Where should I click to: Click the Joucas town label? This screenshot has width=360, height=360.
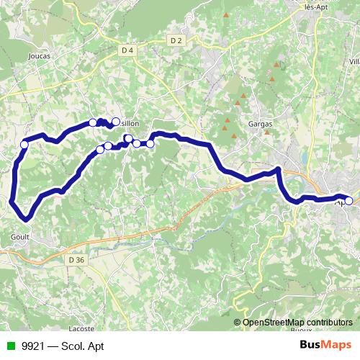coord(35,55)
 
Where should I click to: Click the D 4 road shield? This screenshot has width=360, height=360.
coord(128,50)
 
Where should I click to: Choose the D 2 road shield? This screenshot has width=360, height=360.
coord(177,40)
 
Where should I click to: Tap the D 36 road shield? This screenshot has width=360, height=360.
coord(76,259)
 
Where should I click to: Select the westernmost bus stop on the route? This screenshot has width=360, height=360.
coord(24,145)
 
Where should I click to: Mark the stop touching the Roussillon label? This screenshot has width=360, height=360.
coord(116,121)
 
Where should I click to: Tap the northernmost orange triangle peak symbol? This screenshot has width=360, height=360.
coord(225,14)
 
